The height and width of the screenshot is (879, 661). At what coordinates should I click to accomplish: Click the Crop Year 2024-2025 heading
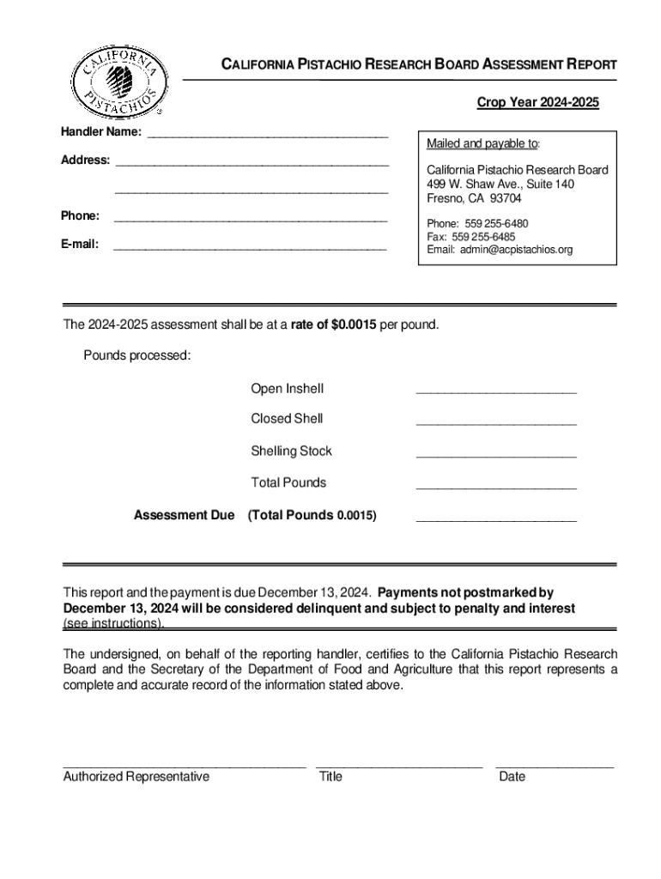point(537,104)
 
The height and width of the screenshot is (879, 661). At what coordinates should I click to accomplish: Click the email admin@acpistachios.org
point(500,250)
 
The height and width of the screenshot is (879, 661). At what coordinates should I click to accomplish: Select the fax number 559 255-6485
point(471,237)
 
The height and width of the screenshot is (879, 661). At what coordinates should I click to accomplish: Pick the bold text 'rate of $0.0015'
point(333,326)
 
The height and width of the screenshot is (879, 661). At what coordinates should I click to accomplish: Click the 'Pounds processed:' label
point(136,356)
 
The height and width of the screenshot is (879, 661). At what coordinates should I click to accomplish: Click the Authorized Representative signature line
point(184,763)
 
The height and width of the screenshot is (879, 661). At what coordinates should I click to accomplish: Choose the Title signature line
point(399,763)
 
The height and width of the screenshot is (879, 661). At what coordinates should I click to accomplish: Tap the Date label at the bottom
point(512,777)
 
